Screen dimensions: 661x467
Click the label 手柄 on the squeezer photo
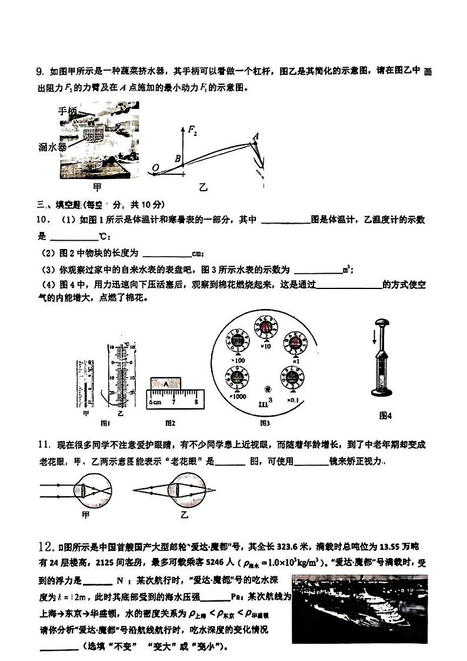click(68, 111)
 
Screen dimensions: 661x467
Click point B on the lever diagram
click(177, 158)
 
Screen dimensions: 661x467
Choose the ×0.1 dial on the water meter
click(292, 377)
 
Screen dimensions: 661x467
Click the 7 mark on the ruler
click(174, 401)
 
